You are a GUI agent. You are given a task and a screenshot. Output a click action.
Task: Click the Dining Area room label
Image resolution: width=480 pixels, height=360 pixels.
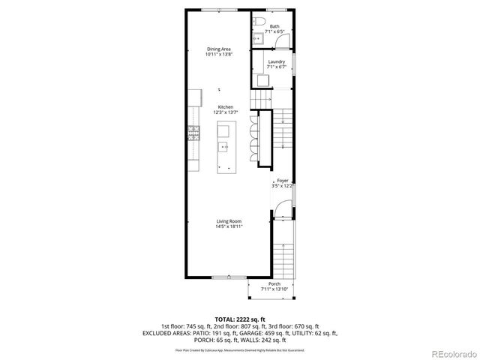click(x=218, y=49)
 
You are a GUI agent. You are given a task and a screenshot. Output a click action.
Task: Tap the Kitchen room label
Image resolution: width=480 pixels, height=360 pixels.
click(x=226, y=107)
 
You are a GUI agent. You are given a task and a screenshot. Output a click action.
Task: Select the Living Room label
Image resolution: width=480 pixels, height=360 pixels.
click(x=229, y=220)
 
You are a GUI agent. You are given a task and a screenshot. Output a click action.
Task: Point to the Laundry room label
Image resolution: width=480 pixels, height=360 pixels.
click(x=276, y=61)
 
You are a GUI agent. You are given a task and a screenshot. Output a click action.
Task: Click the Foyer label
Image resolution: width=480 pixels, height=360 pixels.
click(x=283, y=181)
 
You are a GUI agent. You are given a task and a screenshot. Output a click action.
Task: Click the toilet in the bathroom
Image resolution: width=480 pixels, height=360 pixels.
click(x=259, y=21)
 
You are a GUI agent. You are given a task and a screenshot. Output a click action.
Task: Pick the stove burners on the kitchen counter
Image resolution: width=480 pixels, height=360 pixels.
click(x=193, y=133)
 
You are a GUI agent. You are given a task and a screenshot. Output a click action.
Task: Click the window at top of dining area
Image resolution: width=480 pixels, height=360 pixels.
click(x=217, y=9)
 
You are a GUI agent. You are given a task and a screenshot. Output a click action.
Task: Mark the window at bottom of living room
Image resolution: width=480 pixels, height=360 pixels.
click(x=221, y=277)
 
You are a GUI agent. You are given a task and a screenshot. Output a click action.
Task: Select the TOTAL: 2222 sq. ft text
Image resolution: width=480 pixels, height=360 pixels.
click(x=240, y=319)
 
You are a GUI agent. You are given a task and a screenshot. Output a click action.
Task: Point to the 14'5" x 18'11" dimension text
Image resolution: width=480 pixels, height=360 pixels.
click(x=229, y=226)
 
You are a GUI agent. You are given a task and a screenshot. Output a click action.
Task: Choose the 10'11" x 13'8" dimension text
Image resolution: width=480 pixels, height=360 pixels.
click(x=218, y=55)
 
